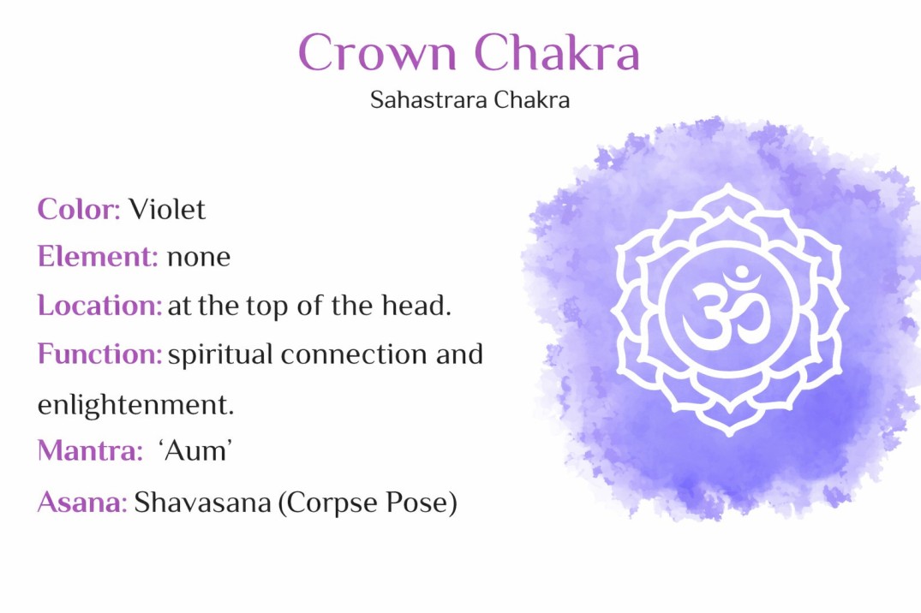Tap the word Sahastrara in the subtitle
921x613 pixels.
point(418,100)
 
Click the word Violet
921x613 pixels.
point(167,209)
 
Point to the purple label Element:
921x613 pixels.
point(98,257)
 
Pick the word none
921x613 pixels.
point(199,257)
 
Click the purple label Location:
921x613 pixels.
point(99,306)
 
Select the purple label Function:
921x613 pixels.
point(99,354)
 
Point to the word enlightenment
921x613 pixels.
point(135,404)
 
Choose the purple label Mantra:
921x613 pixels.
point(90,451)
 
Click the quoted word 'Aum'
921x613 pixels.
point(196,451)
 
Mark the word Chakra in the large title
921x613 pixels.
point(557,53)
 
